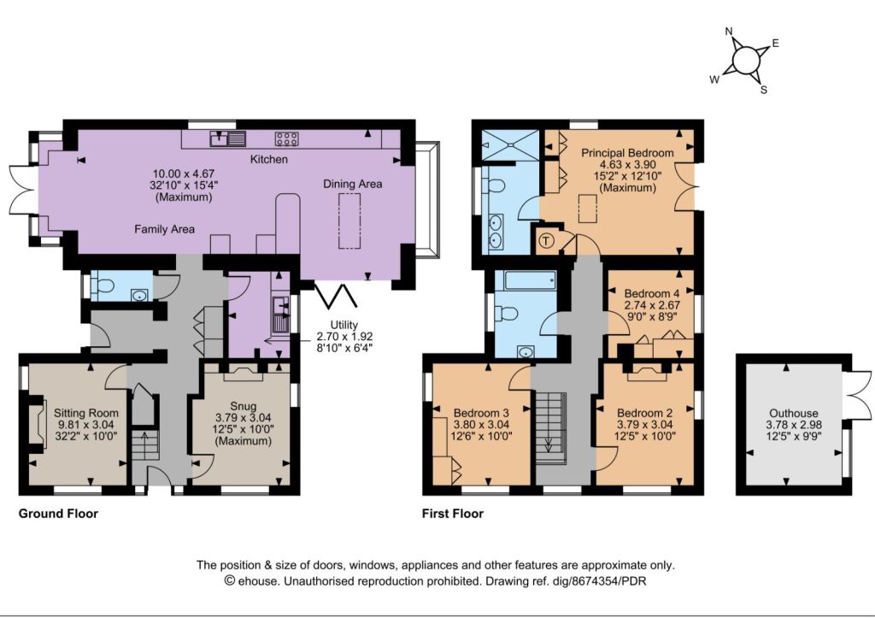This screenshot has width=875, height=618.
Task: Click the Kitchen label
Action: click(x=269, y=160)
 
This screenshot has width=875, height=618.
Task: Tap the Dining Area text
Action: click(x=353, y=185)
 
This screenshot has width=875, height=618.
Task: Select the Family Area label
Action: click(x=165, y=229)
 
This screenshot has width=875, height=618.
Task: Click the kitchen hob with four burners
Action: click(x=286, y=139)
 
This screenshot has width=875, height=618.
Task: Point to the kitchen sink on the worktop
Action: click(x=228, y=138)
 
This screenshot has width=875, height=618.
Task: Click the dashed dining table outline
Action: click(x=349, y=221)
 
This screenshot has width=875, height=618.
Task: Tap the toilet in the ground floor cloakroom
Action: click(x=104, y=286)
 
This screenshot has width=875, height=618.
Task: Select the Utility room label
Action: click(x=344, y=325)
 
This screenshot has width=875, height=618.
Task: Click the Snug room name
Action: click(x=244, y=406)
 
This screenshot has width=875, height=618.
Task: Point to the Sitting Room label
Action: click(x=86, y=413)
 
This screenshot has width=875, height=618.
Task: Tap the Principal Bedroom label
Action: click(x=627, y=153)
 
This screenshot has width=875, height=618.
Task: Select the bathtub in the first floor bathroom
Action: click(x=530, y=280)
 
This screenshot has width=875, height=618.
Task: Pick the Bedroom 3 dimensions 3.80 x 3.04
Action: click(x=481, y=425)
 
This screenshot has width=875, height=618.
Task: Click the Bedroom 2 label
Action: click(x=644, y=413)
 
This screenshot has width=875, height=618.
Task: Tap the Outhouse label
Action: click(x=794, y=413)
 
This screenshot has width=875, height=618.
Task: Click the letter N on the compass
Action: click(x=729, y=32)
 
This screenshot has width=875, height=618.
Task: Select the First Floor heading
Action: click(x=453, y=514)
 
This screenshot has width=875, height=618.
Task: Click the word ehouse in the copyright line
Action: click(x=256, y=581)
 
